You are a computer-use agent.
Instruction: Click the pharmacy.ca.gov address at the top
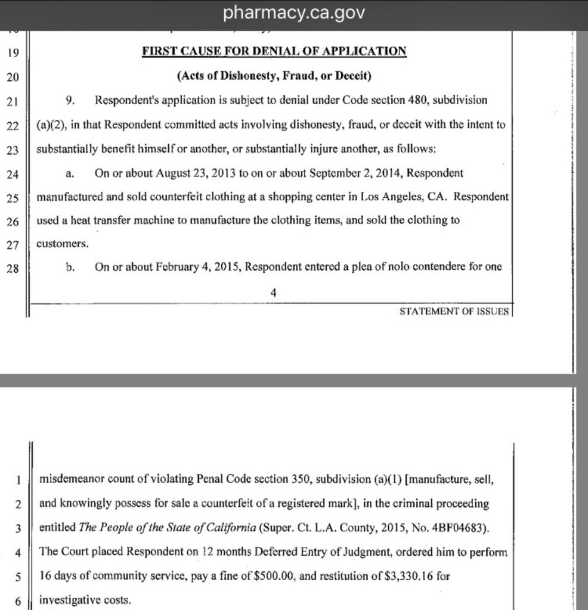pos(293,13)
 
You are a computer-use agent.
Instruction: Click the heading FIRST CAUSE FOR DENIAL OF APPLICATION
pos(274,51)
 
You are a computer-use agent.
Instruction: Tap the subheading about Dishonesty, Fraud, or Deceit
pos(274,76)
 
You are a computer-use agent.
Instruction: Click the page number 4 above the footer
pos(274,292)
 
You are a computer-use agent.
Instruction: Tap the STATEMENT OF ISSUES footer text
pos(454,311)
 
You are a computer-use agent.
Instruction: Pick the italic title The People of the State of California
pos(166,528)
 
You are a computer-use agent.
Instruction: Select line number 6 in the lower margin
pos(18,601)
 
